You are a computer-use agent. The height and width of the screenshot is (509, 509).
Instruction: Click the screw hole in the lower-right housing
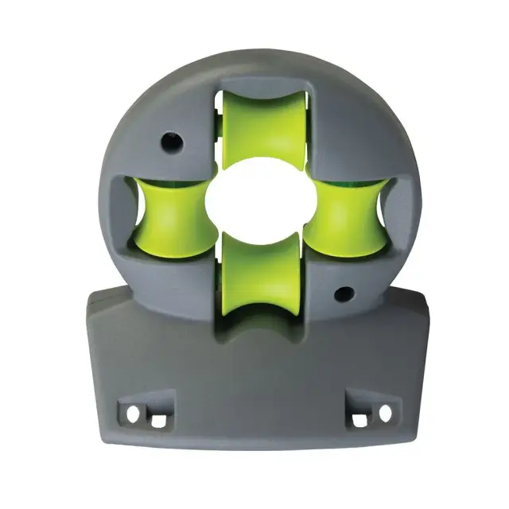pyautogui.click(x=343, y=295)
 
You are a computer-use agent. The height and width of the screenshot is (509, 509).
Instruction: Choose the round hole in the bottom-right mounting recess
pyautogui.click(x=386, y=414)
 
